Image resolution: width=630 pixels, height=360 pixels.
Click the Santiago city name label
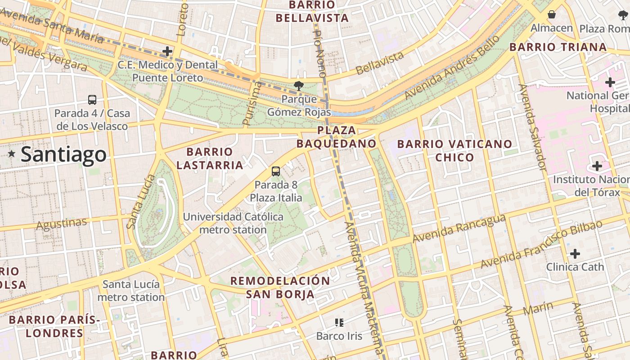(x=63, y=154)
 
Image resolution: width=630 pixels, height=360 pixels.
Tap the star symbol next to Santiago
(x=12, y=154)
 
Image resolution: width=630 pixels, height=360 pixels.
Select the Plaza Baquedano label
(x=336, y=137)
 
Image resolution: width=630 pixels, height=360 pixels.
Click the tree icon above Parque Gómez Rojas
(x=298, y=85)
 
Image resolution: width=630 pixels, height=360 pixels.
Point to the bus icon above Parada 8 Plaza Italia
(x=276, y=171)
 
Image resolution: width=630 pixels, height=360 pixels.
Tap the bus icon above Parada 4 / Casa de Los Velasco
(x=92, y=100)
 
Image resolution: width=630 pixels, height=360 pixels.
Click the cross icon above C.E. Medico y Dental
(x=167, y=51)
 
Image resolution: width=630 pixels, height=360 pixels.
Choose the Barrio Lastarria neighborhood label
(x=210, y=158)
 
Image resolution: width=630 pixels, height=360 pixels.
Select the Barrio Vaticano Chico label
(x=454, y=150)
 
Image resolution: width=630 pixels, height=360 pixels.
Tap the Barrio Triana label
(x=558, y=47)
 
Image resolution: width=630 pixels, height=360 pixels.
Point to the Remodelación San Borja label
(x=280, y=288)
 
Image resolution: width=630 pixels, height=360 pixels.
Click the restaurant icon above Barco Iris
(x=339, y=322)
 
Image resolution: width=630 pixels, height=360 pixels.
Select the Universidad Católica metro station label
(x=233, y=223)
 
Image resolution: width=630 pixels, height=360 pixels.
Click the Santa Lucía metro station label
(x=131, y=291)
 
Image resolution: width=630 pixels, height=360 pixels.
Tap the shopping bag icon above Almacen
(x=552, y=15)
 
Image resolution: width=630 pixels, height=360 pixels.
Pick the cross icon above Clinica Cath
(x=575, y=254)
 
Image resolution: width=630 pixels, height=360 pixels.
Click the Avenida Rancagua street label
(x=459, y=229)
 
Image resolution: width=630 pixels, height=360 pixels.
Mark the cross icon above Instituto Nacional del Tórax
(x=597, y=166)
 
